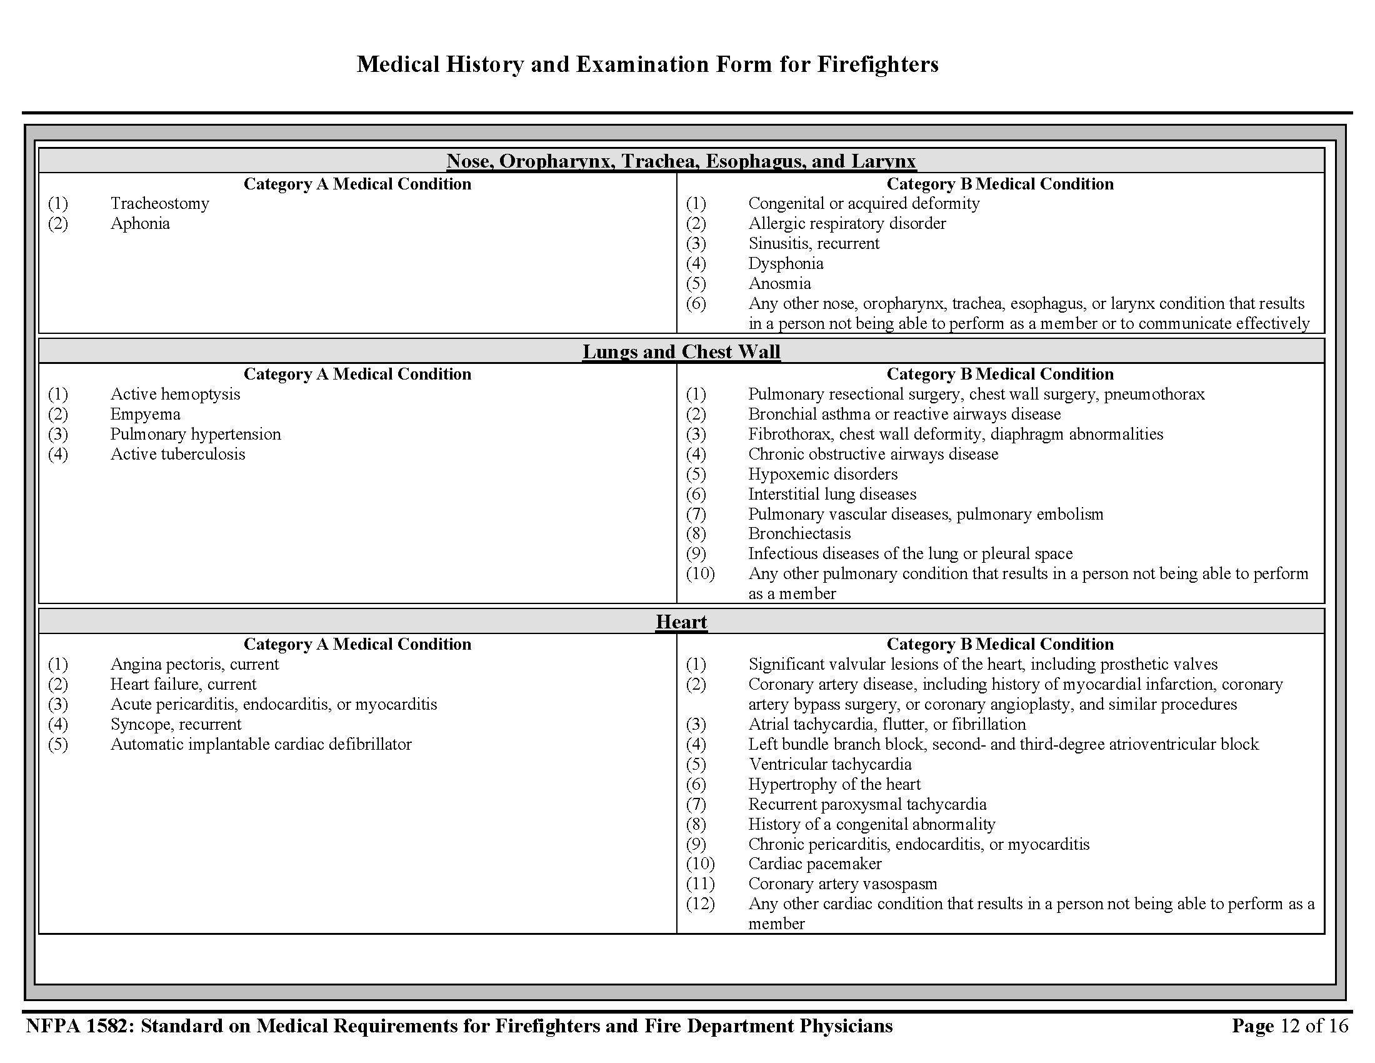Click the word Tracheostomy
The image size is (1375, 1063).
pos(159,203)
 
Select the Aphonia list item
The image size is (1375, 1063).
pos(140,224)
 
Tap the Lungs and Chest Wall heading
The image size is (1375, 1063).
pos(681,351)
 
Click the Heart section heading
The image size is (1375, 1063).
pos(681,622)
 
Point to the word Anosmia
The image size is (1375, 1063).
pos(779,283)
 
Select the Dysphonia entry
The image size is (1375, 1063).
pos(785,263)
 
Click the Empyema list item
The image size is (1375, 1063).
pos(146,415)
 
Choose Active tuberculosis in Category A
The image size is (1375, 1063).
pos(177,454)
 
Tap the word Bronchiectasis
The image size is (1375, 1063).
pos(799,533)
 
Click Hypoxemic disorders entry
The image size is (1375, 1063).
pos(822,474)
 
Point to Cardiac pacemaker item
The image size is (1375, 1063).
pos(814,864)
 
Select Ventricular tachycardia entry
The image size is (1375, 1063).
pos(829,764)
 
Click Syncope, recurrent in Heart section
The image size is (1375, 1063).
pos(176,724)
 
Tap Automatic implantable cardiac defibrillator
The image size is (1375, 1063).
pos(261,744)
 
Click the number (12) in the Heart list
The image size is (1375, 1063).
pos(700,904)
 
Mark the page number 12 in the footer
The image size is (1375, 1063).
pos(1290,1026)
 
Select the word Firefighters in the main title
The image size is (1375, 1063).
pos(877,64)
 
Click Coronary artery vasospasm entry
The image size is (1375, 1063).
pos(842,884)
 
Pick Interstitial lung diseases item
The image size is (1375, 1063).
pos(832,495)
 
